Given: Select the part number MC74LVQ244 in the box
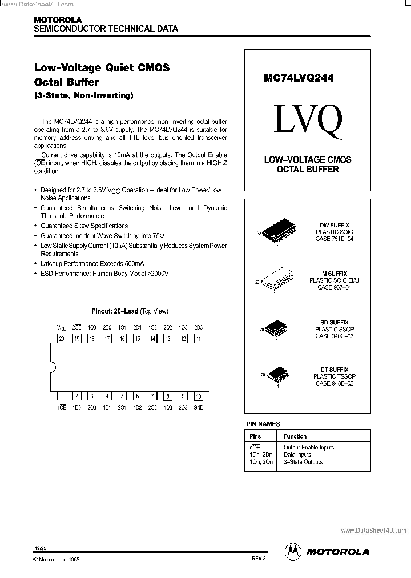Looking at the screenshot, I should [x=299, y=78].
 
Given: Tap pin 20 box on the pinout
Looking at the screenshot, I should [x=62, y=338].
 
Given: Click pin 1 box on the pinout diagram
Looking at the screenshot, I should [x=62, y=395].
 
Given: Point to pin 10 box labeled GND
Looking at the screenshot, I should [x=198, y=395].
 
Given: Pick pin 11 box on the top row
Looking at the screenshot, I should [x=198, y=338].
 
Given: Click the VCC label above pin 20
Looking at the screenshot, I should [x=62, y=328].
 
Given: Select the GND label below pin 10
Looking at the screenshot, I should [x=198, y=407].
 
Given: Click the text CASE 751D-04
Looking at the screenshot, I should [x=335, y=239].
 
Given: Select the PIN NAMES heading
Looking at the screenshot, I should [x=263, y=424].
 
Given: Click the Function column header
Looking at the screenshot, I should [x=295, y=436].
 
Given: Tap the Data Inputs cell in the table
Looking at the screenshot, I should [x=297, y=455].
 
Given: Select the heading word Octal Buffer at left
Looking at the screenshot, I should [x=66, y=82].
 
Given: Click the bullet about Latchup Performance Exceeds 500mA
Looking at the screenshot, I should [x=92, y=264].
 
